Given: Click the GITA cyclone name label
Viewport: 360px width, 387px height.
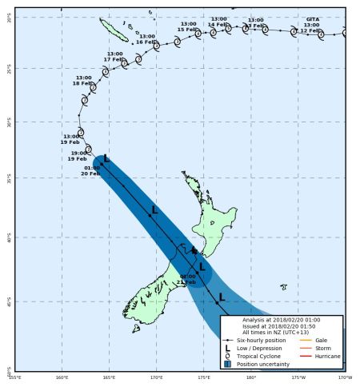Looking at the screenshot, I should pyautogui.click(x=312, y=19).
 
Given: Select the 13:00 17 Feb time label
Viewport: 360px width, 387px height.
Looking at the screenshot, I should pyautogui.click(x=115, y=56).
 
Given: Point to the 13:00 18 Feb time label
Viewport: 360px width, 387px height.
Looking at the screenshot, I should pyautogui.click(x=82, y=80).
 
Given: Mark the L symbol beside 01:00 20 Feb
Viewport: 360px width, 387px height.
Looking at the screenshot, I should pyautogui.click(x=106, y=159).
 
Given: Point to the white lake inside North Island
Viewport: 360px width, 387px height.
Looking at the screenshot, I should pyautogui.click(x=210, y=214).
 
